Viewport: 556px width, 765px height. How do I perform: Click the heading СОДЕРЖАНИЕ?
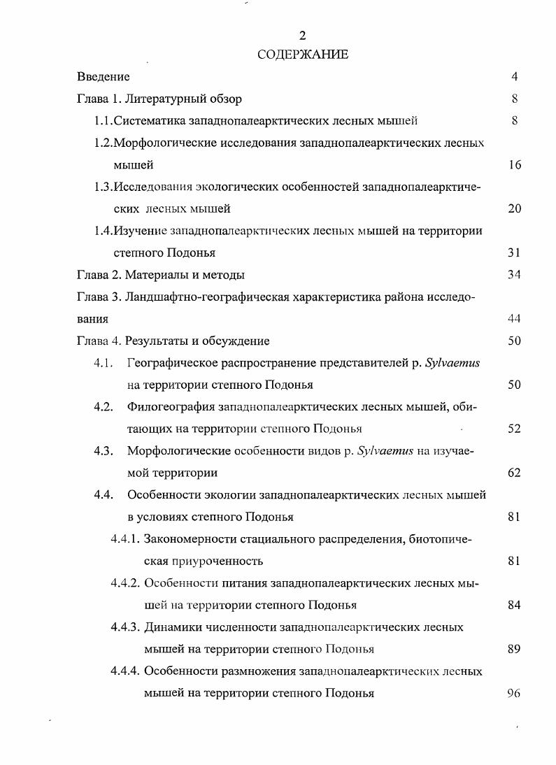point(303,55)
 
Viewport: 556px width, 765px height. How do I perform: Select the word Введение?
point(103,77)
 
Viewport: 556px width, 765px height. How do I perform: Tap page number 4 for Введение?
point(514,77)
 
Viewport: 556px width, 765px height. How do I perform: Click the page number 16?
point(514,165)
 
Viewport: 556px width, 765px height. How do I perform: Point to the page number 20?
point(514,208)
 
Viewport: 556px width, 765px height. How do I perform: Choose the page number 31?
point(514,252)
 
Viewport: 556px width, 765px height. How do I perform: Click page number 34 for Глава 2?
point(514,275)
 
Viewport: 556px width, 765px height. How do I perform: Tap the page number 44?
point(514,319)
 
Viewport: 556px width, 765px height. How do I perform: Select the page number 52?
point(514,429)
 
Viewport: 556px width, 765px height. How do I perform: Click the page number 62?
point(514,473)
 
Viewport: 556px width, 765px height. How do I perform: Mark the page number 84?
point(514,605)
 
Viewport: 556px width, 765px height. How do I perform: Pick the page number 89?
point(514,649)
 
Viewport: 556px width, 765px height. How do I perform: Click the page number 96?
point(514,693)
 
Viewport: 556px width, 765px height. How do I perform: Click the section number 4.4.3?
point(126,627)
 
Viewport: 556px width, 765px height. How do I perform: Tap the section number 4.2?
point(104,407)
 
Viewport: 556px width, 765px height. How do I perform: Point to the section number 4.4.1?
point(126,539)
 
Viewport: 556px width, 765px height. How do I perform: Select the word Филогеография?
point(171,407)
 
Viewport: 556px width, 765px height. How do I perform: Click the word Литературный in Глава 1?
point(170,99)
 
